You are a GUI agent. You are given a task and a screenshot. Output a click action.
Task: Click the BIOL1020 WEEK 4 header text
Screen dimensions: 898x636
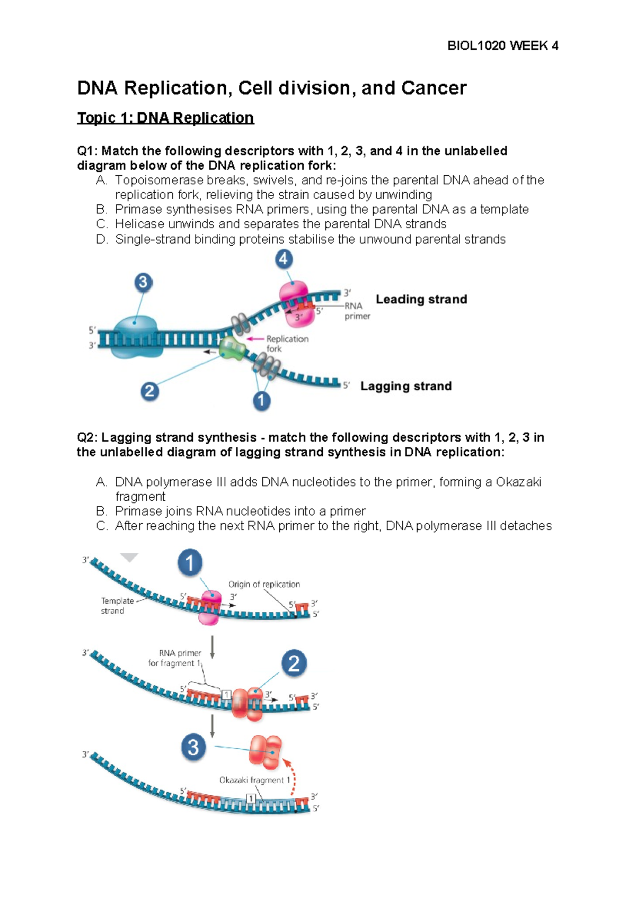pos(502,46)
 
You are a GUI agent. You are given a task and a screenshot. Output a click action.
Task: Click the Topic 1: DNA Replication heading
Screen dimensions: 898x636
pos(165,118)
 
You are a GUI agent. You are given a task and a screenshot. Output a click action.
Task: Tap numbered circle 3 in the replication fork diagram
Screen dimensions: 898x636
pos(143,282)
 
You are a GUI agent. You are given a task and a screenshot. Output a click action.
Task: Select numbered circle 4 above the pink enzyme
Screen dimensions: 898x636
pos(284,259)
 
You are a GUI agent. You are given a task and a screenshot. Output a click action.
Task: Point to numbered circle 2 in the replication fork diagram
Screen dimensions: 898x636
pos(149,391)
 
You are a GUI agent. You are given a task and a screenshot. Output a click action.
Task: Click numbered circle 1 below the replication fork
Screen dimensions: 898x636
pos(261,401)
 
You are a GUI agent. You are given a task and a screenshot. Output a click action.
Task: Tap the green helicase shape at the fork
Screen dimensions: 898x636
pos(232,348)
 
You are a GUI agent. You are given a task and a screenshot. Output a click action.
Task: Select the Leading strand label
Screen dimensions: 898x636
pos(421,299)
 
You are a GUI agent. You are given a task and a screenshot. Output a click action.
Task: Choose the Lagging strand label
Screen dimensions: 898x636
pos(406,386)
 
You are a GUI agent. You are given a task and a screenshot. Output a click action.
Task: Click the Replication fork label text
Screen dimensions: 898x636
pos(287,344)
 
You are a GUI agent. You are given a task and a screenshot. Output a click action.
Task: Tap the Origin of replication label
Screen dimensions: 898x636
pos(264,584)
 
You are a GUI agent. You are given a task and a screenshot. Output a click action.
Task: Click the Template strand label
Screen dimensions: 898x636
pos(117,606)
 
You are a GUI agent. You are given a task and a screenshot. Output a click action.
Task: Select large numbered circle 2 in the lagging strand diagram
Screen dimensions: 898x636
pos(294,663)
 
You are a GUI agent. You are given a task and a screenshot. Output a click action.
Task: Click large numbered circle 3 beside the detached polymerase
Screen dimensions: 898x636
pos(193,747)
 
